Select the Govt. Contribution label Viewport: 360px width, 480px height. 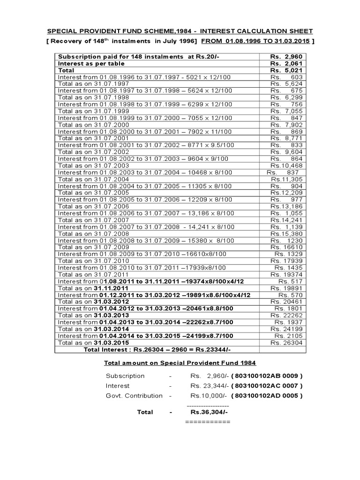click(x=134, y=396)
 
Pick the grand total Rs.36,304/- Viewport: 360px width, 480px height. click(x=209, y=412)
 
